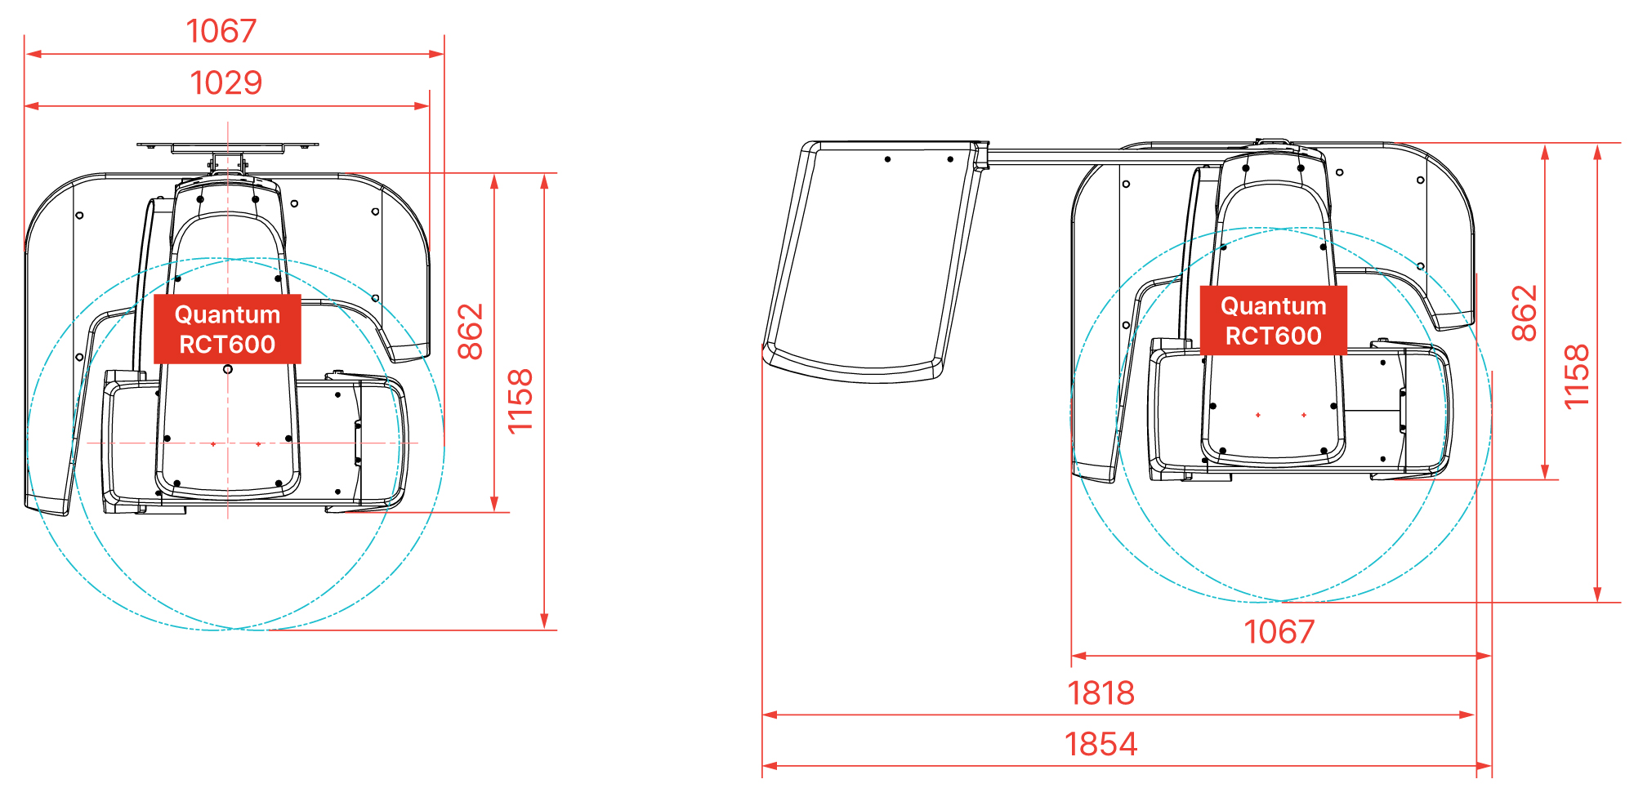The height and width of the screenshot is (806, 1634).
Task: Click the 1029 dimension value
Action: (226, 82)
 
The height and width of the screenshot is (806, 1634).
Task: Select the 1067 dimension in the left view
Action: (221, 31)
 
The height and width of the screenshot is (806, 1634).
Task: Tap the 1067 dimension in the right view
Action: (1279, 631)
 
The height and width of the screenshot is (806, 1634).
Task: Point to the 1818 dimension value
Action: (1101, 692)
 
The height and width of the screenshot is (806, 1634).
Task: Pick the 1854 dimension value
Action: (1101, 744)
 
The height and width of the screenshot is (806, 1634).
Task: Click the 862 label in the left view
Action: (471, 332)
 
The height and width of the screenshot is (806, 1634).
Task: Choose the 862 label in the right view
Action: (1525, 313)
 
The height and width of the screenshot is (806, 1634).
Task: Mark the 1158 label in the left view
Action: (520, 401)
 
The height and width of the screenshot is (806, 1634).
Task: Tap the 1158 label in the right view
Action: (1576, 376)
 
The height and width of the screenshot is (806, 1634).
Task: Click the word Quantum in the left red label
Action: (227, 314)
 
